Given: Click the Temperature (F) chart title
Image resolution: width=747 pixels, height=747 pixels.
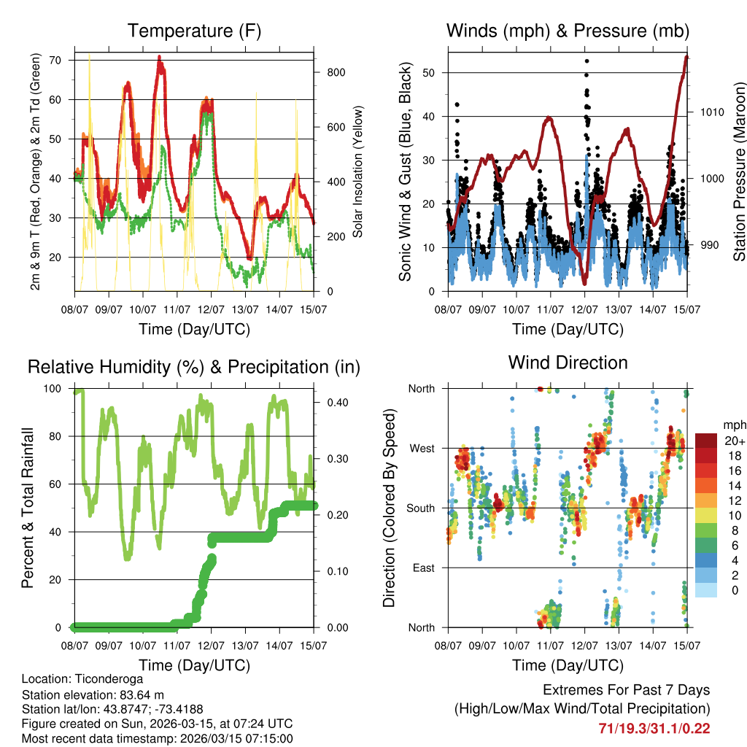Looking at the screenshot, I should point(194,31).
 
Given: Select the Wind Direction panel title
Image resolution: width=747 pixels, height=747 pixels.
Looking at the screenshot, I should point(568,363).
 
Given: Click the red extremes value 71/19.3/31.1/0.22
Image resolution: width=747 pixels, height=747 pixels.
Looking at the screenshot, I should point(654,728).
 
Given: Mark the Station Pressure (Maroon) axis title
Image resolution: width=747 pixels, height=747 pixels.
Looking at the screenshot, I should point(739,171).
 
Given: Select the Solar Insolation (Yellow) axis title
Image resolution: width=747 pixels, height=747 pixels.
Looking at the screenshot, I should point(357,171).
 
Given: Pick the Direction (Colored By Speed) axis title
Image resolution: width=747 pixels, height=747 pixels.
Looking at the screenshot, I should point(390,508).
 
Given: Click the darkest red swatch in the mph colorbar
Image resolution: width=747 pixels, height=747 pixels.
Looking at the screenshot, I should point(707,441).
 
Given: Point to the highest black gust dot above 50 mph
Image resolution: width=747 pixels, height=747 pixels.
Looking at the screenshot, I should point(587,61).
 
